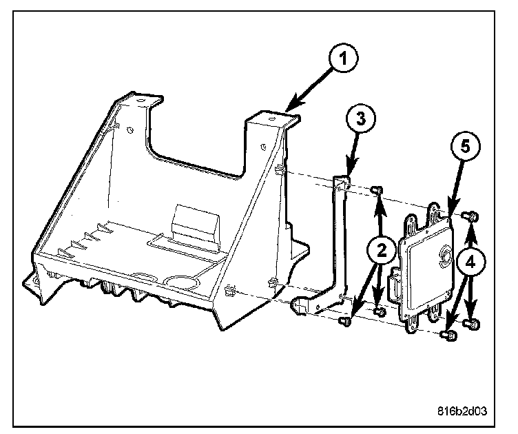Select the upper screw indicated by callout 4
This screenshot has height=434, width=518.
[473, 217]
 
